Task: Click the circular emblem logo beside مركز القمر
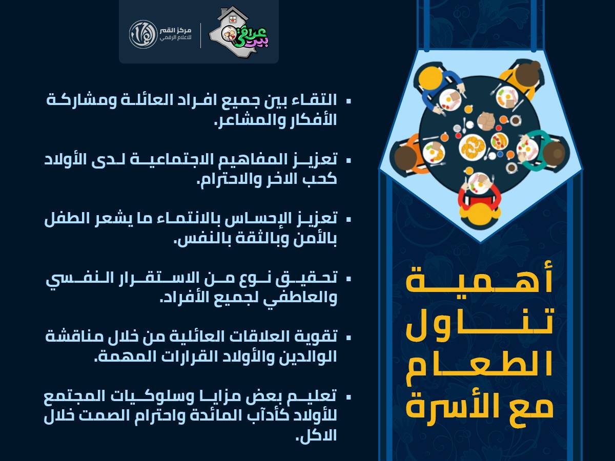coord(143,34)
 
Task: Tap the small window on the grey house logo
coord(232,19)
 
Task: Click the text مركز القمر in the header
coord(176,30)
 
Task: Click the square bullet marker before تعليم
coord(348,396)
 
